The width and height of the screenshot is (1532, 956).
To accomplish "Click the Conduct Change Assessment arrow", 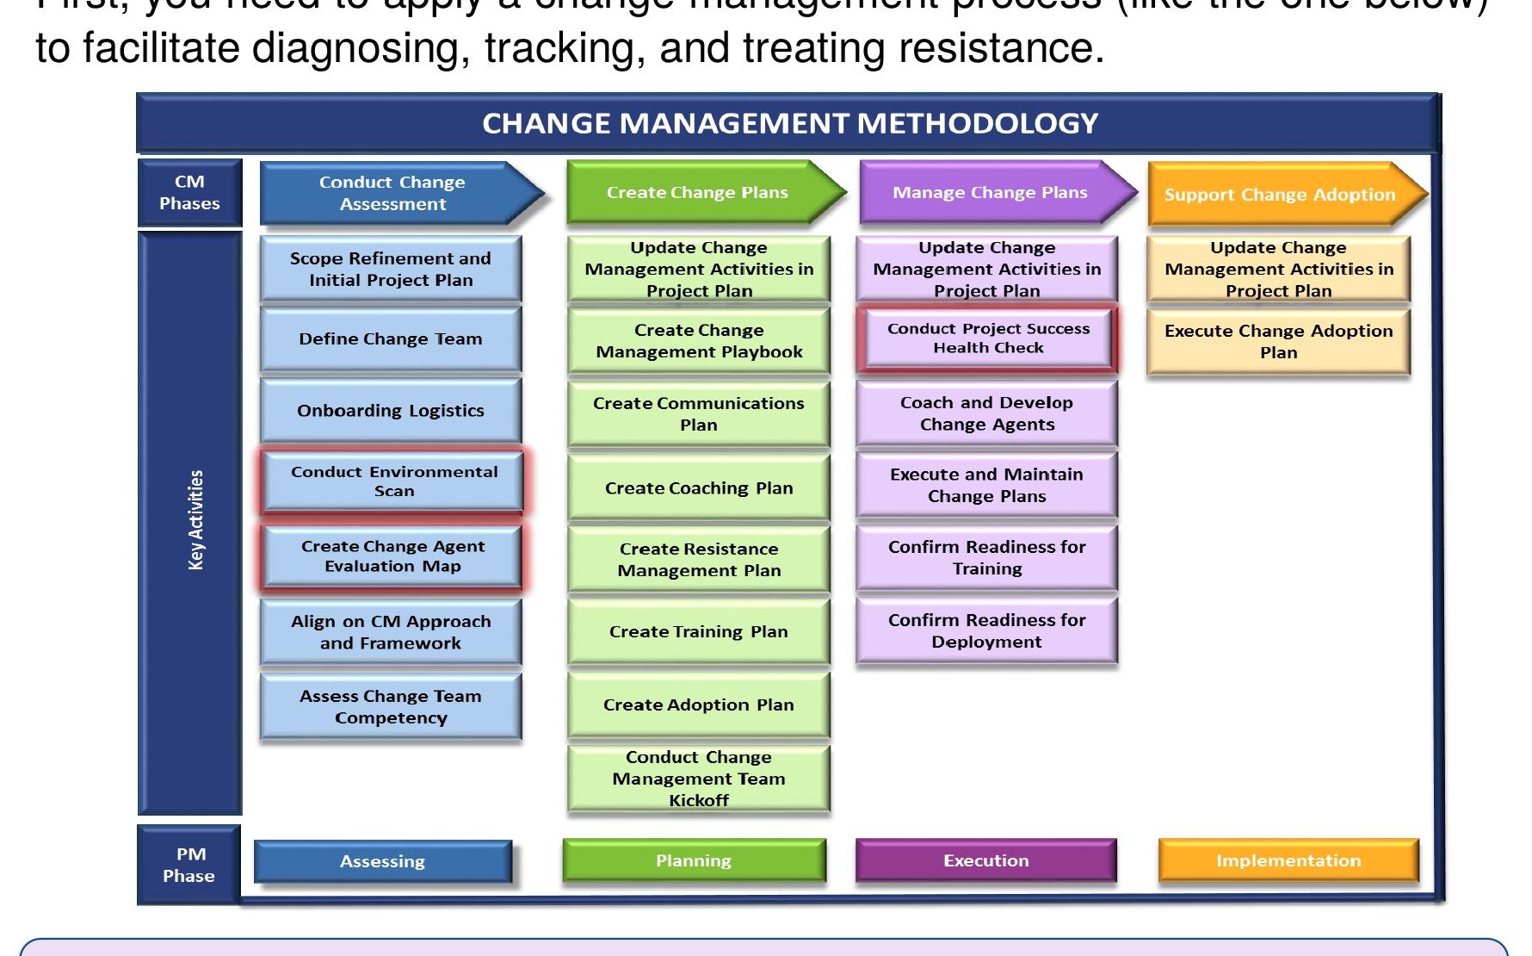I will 392,193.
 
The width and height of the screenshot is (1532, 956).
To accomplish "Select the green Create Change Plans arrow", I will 697,192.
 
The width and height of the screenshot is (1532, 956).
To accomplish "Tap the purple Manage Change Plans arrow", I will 990,192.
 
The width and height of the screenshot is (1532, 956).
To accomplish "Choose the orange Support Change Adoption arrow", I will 1280,195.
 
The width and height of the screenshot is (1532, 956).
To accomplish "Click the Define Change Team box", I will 391,339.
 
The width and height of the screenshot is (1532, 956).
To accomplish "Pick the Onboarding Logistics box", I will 391,411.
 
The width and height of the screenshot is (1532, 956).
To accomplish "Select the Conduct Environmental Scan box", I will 393,481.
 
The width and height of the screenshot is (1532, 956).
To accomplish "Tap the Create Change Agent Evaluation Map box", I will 392,556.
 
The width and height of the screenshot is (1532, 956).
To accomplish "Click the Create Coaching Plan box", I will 699,488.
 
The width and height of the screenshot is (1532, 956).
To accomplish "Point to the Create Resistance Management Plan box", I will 699,560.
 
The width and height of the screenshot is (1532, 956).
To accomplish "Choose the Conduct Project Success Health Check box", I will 988,338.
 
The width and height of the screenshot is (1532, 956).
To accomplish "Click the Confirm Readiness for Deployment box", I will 986,631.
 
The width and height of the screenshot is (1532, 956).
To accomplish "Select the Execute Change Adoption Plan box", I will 1278,342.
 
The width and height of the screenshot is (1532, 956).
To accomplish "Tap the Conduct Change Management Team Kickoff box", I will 699,779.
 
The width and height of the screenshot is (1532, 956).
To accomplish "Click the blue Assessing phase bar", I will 383,861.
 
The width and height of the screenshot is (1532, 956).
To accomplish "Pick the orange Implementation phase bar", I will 1288,860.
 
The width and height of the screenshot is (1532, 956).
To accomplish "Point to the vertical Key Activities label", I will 195,519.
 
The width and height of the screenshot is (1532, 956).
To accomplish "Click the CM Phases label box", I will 189,193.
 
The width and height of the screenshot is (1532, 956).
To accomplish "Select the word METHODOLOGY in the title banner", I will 978,123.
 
